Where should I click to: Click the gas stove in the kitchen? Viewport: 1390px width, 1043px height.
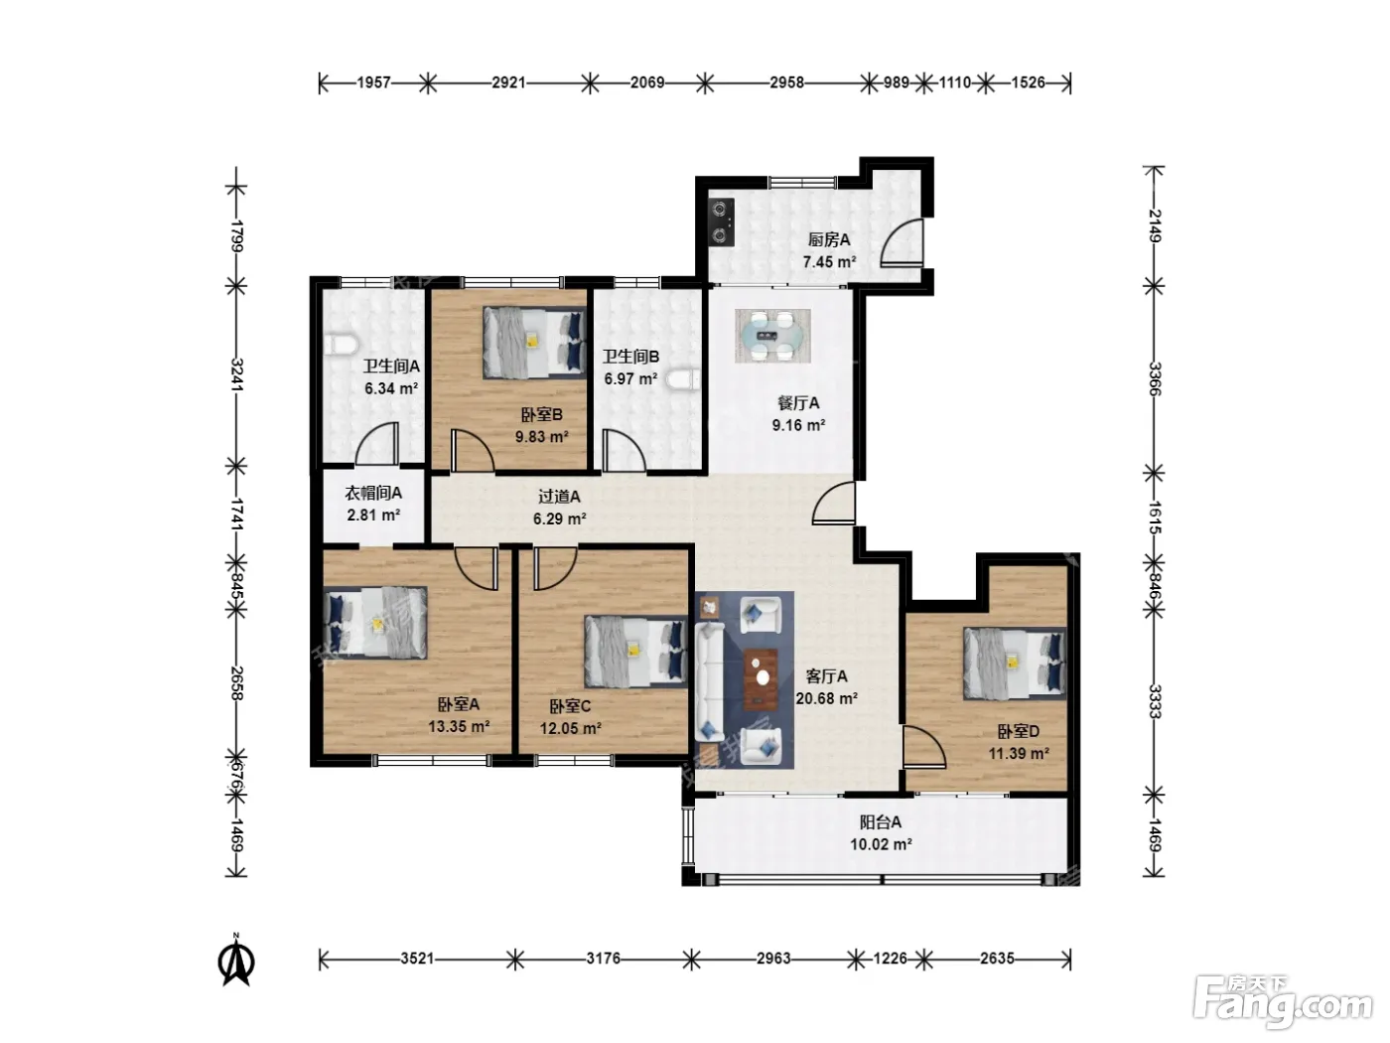coord(722,222)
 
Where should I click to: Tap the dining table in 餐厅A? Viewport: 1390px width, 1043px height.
coord(772,336)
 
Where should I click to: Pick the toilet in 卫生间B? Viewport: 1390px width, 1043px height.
coord(685,380)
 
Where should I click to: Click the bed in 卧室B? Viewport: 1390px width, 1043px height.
coord(534,343)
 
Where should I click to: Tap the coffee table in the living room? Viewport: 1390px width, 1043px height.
coord(761,678)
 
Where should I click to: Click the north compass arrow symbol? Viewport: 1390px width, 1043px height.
coord(236,960)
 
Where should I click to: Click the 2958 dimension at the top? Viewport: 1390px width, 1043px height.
coord(786,82)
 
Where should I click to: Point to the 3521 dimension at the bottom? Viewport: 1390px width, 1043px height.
coord(417,959)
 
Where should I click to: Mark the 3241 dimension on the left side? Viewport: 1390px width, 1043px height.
coord(236,375)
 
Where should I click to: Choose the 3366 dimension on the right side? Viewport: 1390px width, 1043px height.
coord(1154,378)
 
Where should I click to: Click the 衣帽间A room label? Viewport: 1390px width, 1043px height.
coord(373,493)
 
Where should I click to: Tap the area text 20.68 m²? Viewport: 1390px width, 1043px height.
coord(827,698)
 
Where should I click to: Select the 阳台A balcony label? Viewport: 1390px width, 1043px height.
coord(881,822)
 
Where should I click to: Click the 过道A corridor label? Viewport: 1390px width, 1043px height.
coord(559,497)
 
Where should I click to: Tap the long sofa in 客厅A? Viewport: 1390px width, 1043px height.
coord(710,681)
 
